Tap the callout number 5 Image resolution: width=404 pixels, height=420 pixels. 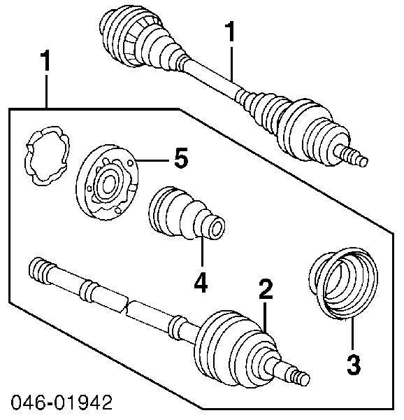(x=181, y=157)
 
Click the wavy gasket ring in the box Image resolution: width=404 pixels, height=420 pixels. (x=48, y=155)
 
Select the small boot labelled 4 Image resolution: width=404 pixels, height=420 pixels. (x=187, y=213)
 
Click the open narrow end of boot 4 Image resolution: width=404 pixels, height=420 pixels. (x=217, y=228)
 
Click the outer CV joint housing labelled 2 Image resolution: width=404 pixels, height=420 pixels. (x=236, y=348)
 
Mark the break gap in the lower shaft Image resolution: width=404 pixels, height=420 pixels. (x=127, y=305)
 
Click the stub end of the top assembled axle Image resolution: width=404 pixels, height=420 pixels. (x=352, y=157)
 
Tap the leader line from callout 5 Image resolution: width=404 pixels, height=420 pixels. (x=152, y=160)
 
